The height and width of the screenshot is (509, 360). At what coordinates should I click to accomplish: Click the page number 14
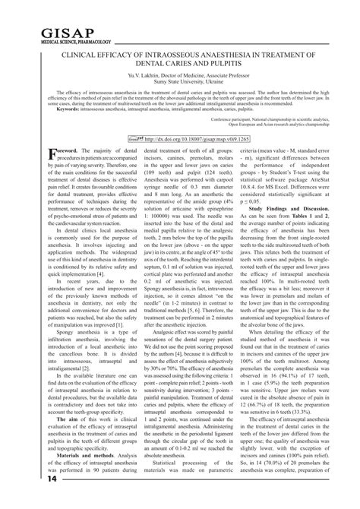coord(13,500)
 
